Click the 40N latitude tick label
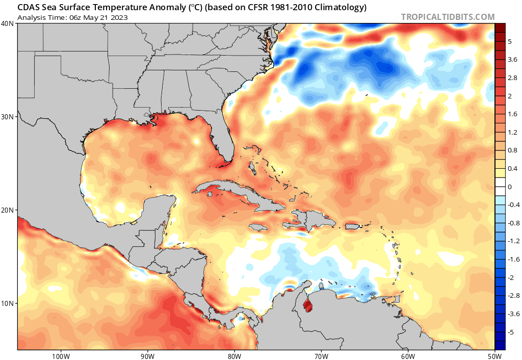[x=8, y=23]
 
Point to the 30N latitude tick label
[x=8, y=117]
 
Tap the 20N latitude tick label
[x=8, y=210]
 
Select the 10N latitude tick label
[x=8, y=303]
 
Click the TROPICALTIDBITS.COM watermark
[x=448, y=17]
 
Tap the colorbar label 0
[x=510, y=187]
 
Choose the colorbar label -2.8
[x=514, y=296]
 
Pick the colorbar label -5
[x=512, y=332]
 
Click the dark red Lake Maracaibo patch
[x=307, y=306]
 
